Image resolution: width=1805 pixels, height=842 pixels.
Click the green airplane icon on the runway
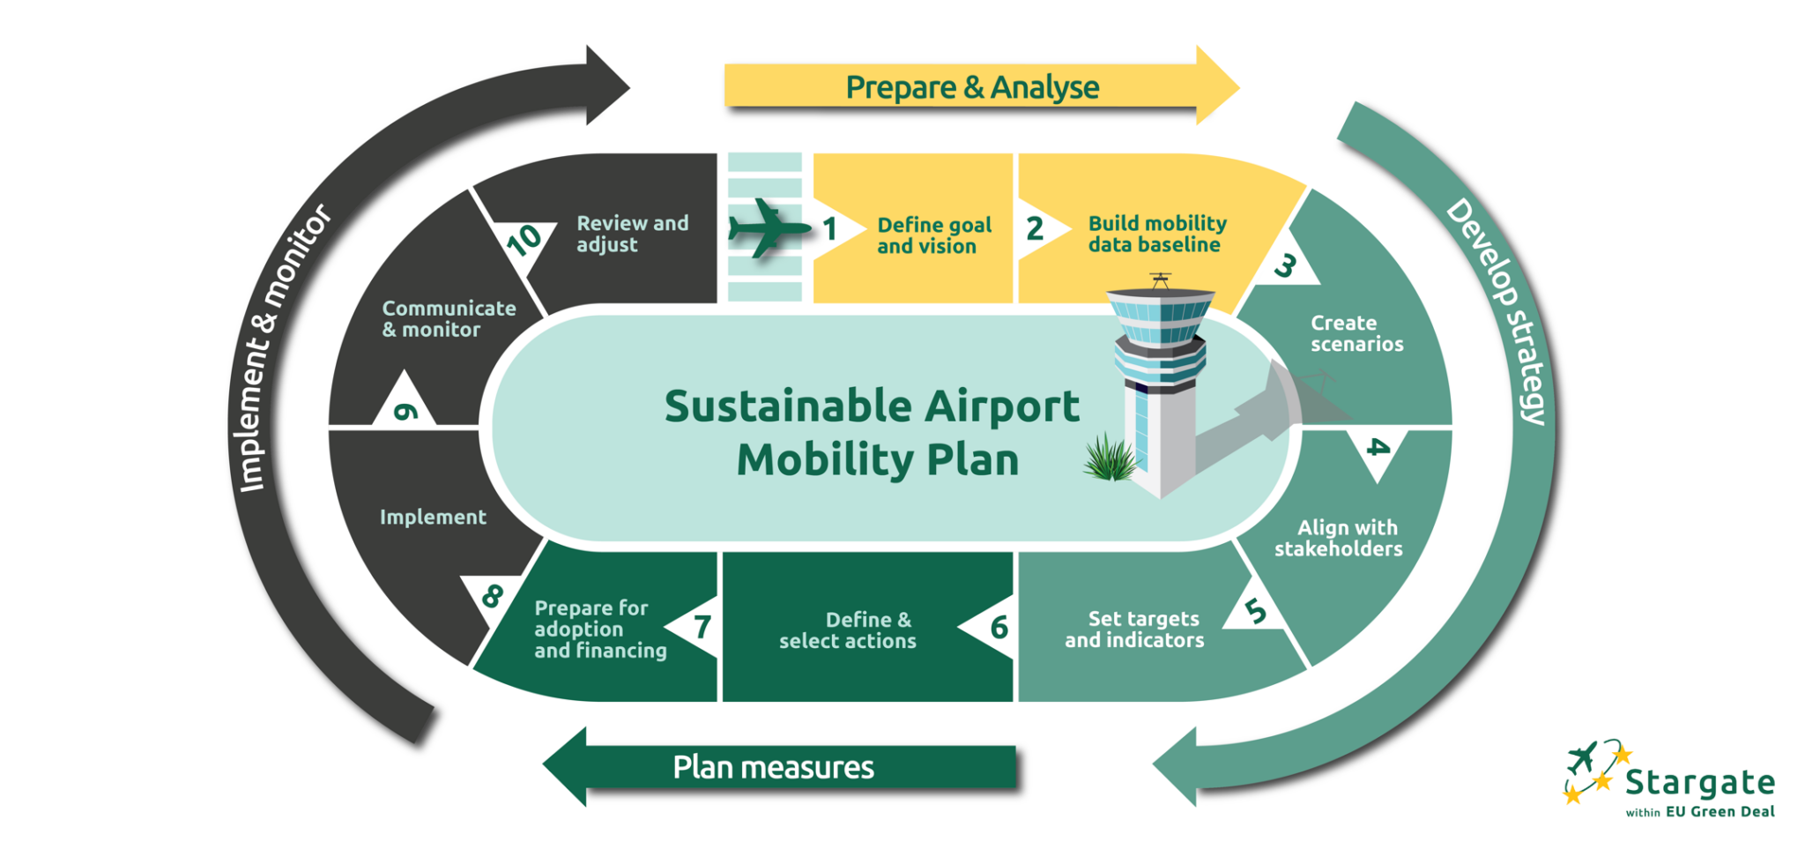[767, 229]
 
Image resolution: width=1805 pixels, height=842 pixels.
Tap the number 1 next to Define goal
[829, 229]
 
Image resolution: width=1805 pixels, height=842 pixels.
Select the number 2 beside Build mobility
[1035, 229]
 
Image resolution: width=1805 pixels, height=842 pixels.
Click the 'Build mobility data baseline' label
[1156, 235]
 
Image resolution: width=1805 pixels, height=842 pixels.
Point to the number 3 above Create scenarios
[1286, 265]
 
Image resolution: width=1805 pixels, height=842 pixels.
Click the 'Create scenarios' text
[1356, 333]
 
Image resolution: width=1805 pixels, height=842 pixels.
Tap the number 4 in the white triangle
[1377, 448]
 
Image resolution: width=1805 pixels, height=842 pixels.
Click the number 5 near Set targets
[1256, 610]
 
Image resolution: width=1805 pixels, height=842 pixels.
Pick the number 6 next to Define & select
[999, 628]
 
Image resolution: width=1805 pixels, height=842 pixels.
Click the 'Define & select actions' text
[848, 630]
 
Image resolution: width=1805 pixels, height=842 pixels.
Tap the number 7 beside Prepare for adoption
[702, 627]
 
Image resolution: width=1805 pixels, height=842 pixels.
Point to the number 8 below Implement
[492, 596]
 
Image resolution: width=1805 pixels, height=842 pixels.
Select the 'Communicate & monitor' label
[449, 318]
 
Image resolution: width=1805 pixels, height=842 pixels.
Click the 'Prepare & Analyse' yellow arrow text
[971, 87]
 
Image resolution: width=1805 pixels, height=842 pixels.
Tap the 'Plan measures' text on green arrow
[773, 767]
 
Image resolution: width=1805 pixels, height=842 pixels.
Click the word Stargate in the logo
[1699, 782]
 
